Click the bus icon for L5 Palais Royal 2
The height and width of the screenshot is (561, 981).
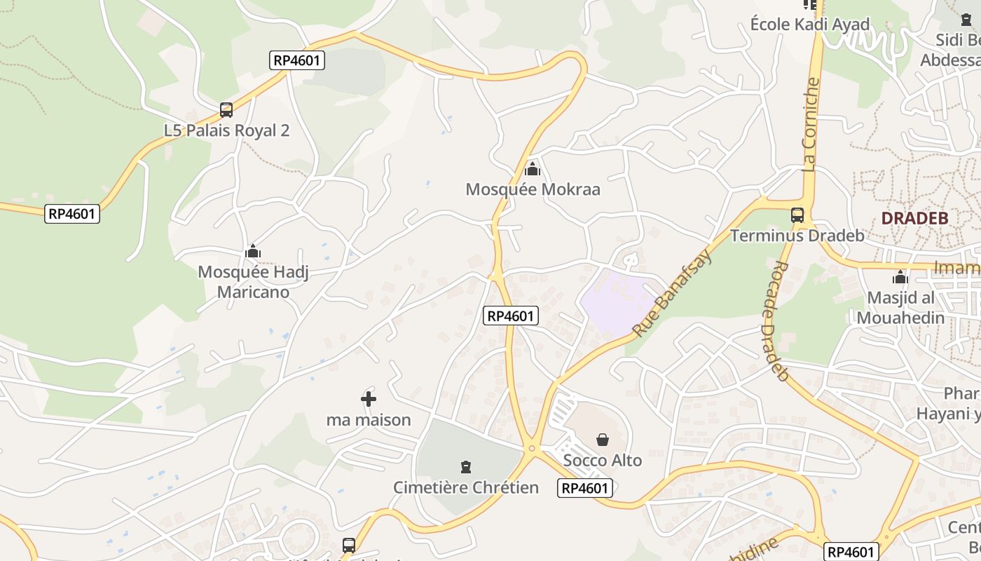coord(226,110)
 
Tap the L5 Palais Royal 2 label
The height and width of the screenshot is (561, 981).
coord(226,130)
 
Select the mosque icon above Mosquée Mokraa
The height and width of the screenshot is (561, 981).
coord(533,169)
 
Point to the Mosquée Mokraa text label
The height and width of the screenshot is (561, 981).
coord(533,189)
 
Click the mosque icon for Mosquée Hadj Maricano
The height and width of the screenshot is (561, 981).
coord(253,252)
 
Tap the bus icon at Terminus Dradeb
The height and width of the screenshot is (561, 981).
coord(797,215)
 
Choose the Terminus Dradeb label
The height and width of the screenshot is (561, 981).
coord(797,236)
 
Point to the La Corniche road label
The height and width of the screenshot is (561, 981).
coord(811,125)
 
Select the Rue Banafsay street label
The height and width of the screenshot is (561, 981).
coord(672,292)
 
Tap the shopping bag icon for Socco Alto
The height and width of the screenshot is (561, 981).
coord(603,440)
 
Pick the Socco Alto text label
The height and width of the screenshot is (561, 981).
coord(603,461)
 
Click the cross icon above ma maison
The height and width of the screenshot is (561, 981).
coord(369,399)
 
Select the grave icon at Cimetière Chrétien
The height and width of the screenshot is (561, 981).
coord(465,466)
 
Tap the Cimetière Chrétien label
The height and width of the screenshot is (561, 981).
coord(465,487)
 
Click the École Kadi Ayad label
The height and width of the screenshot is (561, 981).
coord(809,25)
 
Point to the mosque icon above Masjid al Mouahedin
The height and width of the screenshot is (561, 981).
coord(900,278)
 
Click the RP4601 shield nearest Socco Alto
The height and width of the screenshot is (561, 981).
coord(585,488)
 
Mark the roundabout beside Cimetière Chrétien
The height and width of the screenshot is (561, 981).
coord(532,447)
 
